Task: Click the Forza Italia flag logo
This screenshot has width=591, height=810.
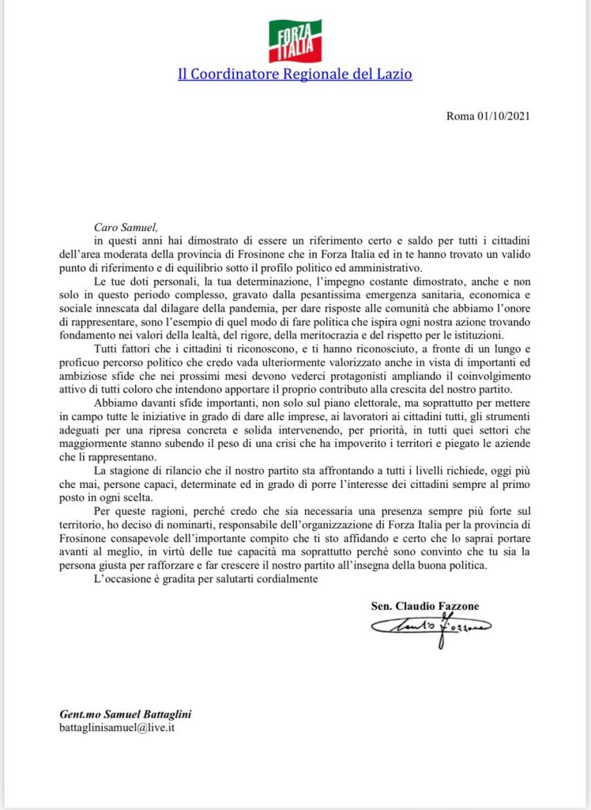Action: click(x=295, y=40)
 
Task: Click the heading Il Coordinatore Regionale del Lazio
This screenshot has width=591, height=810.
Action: click(x=295, y=75)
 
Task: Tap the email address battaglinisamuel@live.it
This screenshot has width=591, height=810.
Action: click(x=116, y=727)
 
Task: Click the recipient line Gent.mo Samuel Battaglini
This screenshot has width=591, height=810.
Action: click(x=125, y=713)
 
